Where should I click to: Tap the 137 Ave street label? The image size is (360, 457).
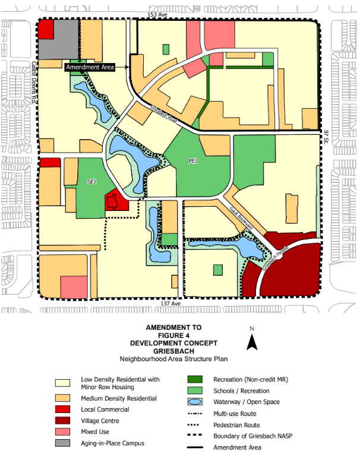(x=170, y=304)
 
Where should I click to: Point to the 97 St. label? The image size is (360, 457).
(x=327, y=140)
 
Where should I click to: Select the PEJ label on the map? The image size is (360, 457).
(x=192, y=161)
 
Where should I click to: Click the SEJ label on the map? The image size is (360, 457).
(x=92, y=181)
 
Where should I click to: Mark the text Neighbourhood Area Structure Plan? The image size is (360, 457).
(x=173, y=358)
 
